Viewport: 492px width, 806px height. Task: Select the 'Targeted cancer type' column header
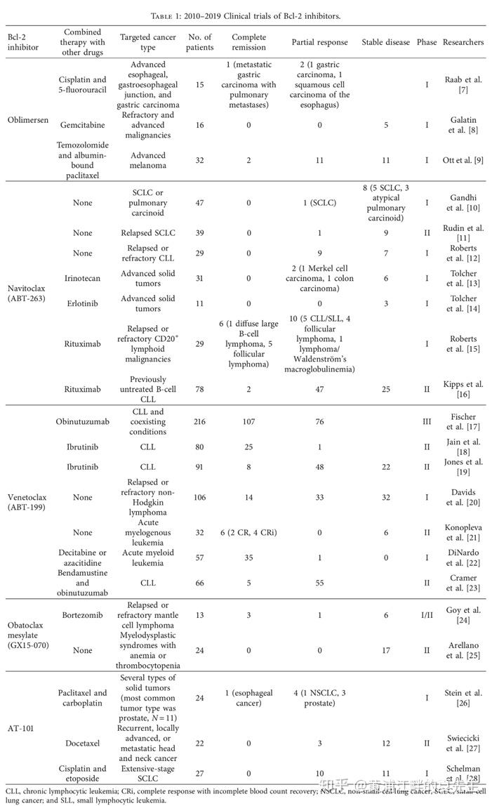(147, 42)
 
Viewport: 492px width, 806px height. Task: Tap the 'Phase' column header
(426, 42)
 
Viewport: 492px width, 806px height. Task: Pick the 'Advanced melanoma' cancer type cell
(147, 160)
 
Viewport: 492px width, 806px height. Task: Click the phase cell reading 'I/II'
(426, 616)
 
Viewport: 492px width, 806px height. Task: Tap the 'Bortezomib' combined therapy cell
(82, 616)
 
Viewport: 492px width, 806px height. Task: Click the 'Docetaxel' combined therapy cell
(82, 744)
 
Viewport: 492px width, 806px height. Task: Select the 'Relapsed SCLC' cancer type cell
(147, 232)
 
